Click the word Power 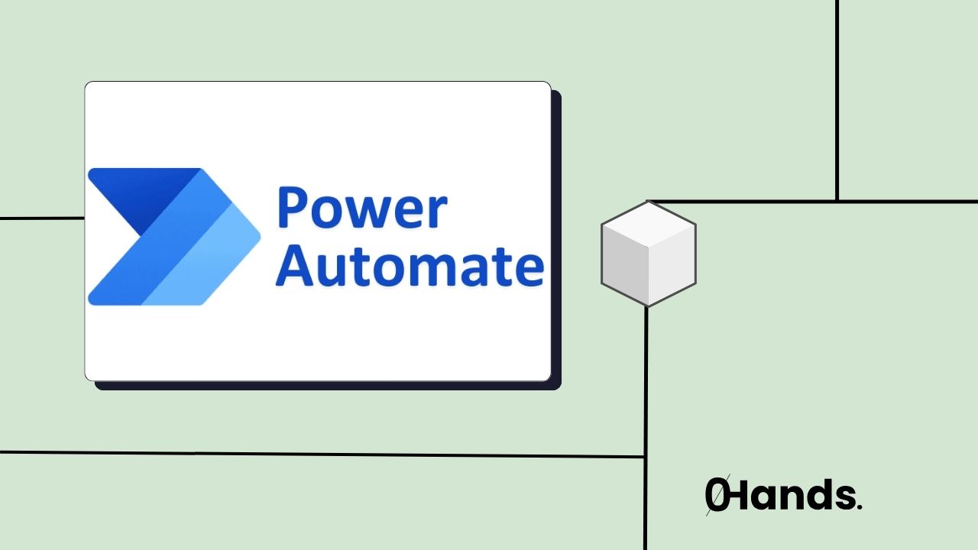(361, 209)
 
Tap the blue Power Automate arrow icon (173, 237)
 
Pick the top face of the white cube (648, 225)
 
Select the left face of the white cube (624, 267)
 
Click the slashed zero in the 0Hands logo (717, 496)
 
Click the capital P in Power (295, 209)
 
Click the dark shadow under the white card (329, 386)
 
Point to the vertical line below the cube (646, 397)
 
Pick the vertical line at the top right (837, 99)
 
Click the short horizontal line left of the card (42, 218)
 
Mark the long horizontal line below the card (321, 455)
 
